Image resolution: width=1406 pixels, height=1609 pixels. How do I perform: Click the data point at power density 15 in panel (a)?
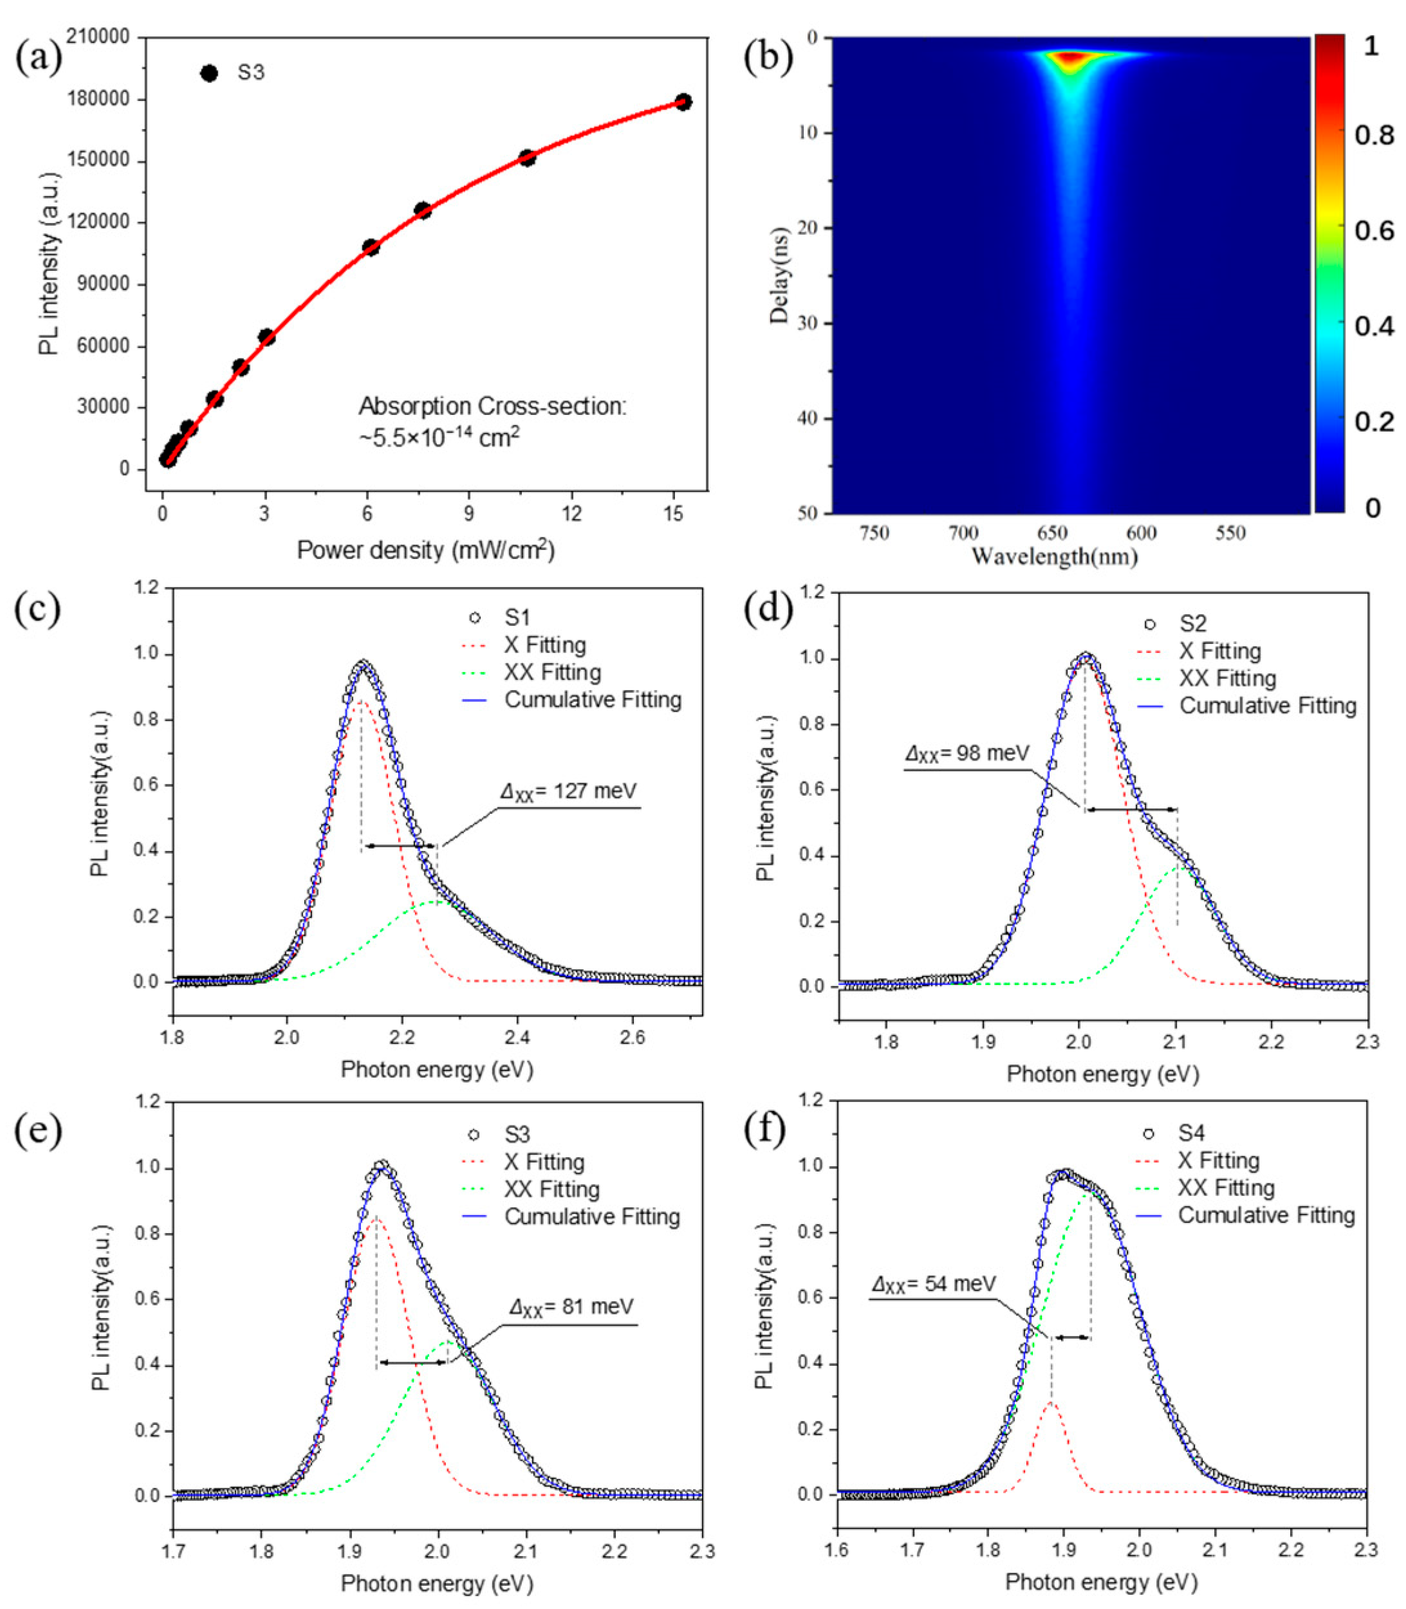(x=683, y=102)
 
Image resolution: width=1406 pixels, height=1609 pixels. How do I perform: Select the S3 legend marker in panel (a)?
(x=208, y=73)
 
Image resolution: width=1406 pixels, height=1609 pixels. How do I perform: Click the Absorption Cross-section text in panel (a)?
(x=493, y=407)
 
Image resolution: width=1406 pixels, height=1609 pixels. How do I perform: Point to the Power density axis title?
(x=425, y=550)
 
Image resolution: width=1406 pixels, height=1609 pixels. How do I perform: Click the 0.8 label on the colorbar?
(x=1374, y=135)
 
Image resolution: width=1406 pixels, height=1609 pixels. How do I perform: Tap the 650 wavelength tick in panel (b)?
(x=1052, y=533)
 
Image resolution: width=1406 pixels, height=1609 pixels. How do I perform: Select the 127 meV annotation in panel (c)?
(x=569, y=791)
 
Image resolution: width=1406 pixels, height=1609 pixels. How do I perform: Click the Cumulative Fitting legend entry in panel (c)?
(x=593, y=700)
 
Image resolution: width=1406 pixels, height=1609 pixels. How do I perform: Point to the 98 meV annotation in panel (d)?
(x=966, y=754)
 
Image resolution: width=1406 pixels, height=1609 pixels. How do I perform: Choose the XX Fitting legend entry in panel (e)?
(x=552, y=1190)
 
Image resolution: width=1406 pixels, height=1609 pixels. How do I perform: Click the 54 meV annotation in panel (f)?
(x=934, y=1284)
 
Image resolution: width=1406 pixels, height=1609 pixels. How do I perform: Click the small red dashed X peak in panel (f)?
(x=1051, y=1404)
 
